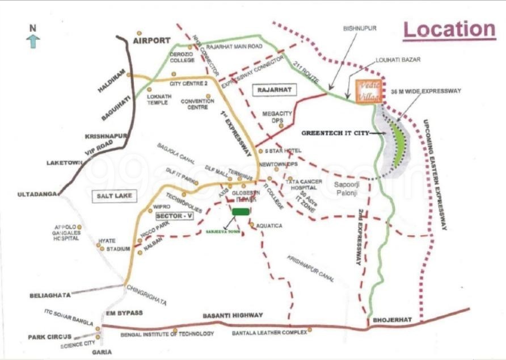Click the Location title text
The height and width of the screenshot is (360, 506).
(449, 30)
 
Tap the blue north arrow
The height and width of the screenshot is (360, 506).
(33, 40)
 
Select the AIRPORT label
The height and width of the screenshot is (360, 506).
(151, 41)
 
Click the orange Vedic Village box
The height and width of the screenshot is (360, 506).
(365, 91)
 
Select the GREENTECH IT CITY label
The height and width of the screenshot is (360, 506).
(335, 133)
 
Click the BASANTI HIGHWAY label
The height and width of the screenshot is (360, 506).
(233, 315)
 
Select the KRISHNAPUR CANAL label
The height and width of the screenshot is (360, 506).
(310, 269)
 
